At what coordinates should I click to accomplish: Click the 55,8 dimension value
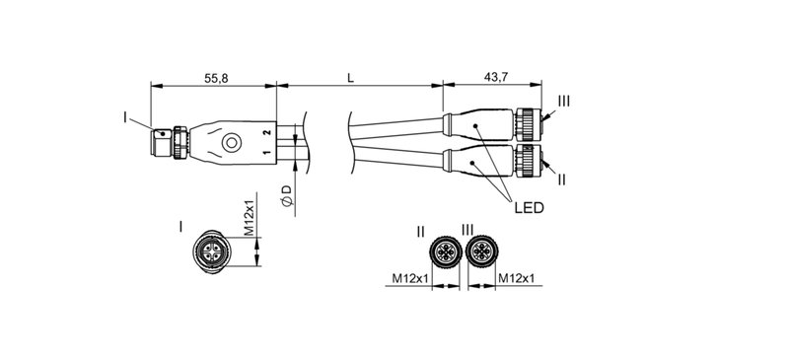[x=214, y=77]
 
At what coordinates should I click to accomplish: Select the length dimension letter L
[x=351, y=77]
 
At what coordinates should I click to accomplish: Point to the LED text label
[x=530, y=208]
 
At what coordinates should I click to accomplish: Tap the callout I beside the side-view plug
[x=125, y=117]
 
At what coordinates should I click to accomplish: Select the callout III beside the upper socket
[x=563, y=102]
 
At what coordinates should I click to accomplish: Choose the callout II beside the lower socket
[x=560, y=180]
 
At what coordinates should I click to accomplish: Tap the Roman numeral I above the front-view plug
[x=180, y=227]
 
